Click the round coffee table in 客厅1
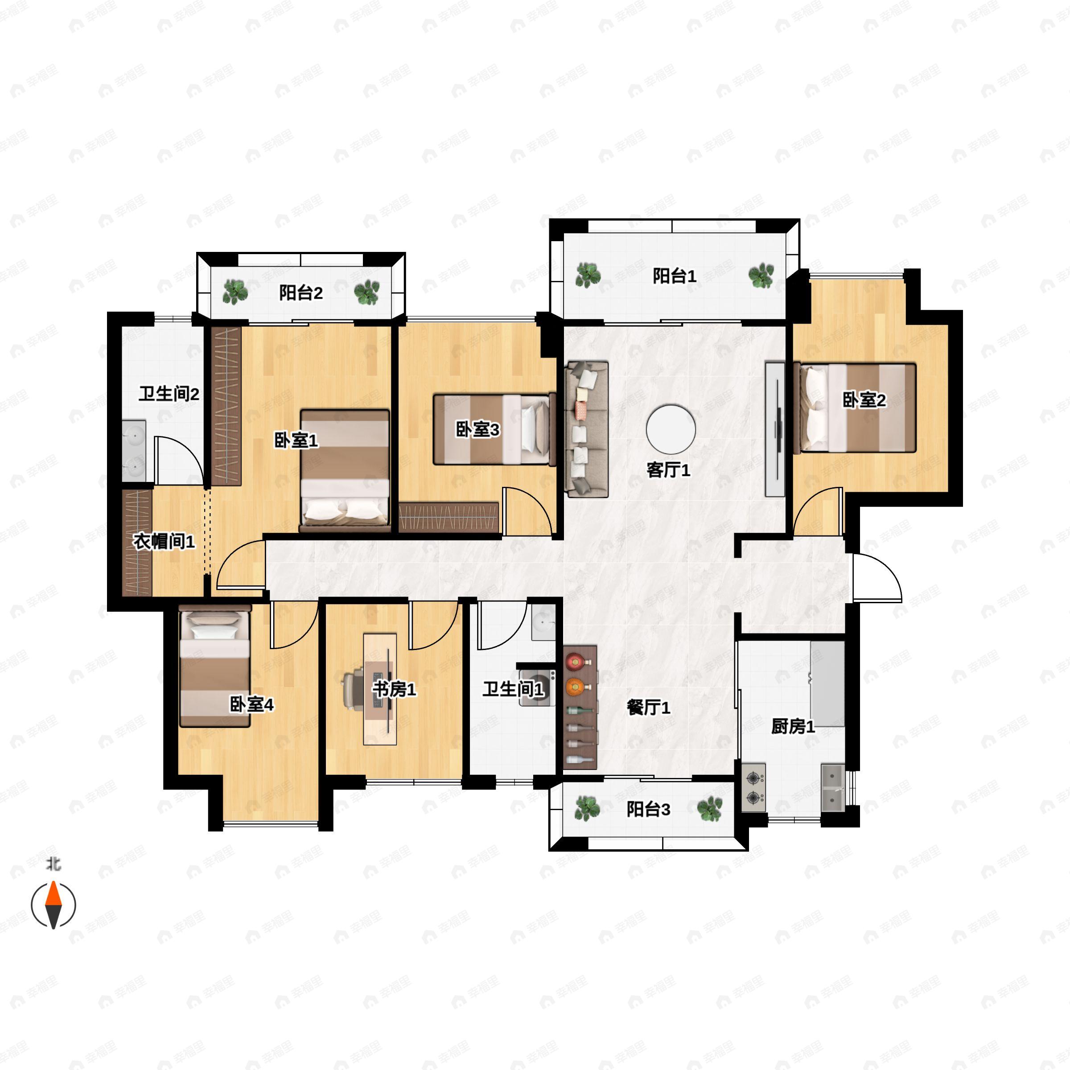[x=671, y=429]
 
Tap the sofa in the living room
[x=587, y=428]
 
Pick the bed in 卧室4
[x=215, y=666]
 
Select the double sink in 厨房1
[x=832, y=787]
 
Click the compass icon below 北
[x=53, y=905]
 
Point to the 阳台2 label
[x=301, y=292]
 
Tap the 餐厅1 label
[x=649, y=707]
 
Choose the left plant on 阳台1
[x=588, y=275]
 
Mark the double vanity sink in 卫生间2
[x=134, y=451]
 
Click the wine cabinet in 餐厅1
[x=580, y=707]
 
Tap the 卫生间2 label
[x=169, y=394]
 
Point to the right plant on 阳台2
[x=366, y=292]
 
